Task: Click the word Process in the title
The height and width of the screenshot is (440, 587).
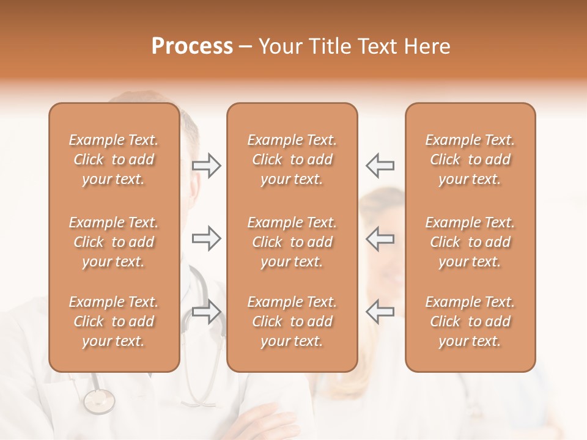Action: [x=192, y=46]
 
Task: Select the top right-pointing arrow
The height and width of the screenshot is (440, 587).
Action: [x=206, y=166]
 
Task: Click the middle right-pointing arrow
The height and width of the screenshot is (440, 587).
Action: [x=206, y=238]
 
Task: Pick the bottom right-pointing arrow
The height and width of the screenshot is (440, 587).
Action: [x=206, y=311]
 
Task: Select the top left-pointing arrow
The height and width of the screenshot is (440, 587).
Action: [x=380, y=166]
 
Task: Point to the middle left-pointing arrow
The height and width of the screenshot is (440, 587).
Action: [x=380, y=238]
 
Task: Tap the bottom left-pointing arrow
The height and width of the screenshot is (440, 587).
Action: [x=380, y=311]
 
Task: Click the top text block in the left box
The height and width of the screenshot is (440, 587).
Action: [x=114, y=159]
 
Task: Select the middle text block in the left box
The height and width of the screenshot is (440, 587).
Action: [x=114, y=242]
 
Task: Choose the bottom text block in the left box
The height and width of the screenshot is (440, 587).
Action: [x=114, y=321]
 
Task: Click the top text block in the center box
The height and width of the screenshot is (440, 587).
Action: [x=292, y=159]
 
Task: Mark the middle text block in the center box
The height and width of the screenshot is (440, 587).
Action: [x=292, y=242]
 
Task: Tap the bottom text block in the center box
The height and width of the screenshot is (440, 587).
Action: [x=292, y=321]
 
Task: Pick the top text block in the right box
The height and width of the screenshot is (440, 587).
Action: [x=470, y=159]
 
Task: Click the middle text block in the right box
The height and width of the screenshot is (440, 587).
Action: [x=470, y=242]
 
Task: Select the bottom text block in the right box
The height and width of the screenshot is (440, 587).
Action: [x=470, y=321]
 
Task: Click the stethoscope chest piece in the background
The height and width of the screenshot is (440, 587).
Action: [x=99, y=401]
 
